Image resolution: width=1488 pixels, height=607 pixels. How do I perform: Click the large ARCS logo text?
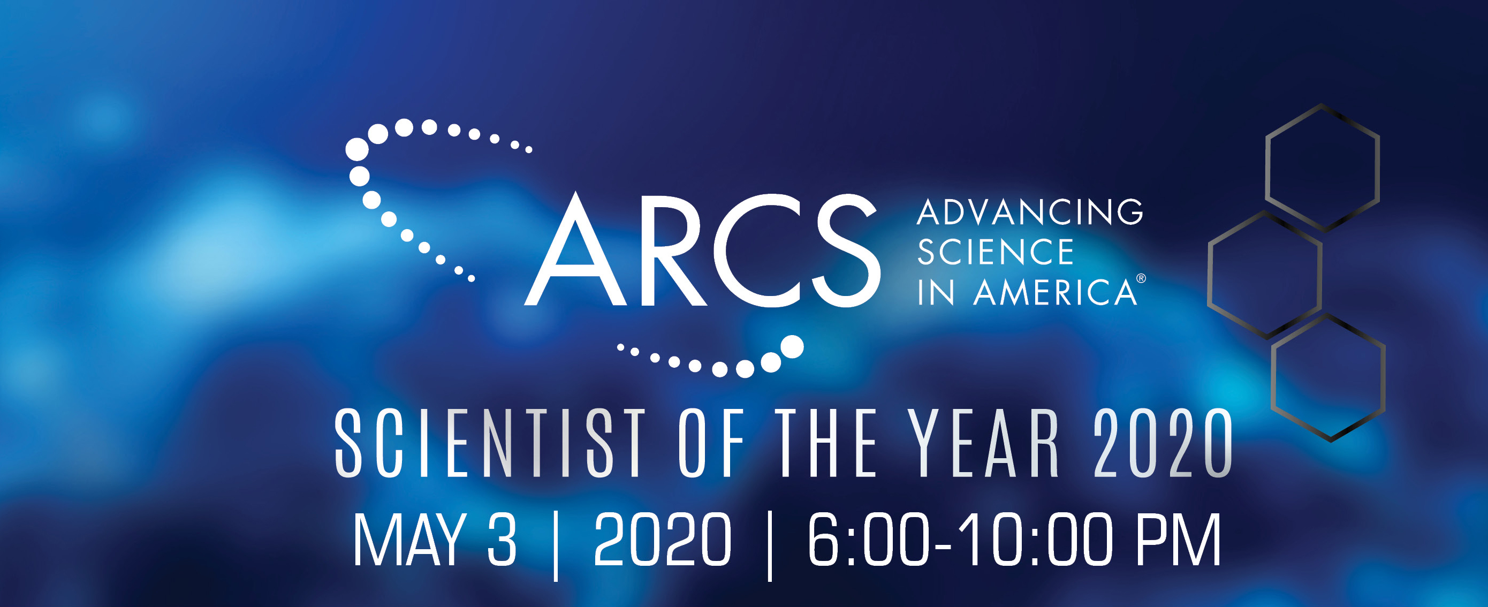coord(702,249)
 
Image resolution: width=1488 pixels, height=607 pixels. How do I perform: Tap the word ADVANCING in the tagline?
coord(1029,212)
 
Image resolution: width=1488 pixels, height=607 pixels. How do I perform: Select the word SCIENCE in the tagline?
coord(995,252)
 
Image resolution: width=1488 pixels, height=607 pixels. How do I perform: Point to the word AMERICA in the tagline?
coord(1055,292)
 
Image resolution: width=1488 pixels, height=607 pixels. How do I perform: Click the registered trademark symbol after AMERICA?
coord(1141,278)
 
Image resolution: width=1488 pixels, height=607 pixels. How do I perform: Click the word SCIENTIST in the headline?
coord(490,443)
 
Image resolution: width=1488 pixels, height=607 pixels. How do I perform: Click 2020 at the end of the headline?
coord(1163,443)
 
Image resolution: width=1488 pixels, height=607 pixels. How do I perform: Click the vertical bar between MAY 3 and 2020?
coord(556,546)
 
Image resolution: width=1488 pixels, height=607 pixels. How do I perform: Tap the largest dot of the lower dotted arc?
coord(792,346)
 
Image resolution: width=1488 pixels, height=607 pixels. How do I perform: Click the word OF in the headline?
coord(711,443)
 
